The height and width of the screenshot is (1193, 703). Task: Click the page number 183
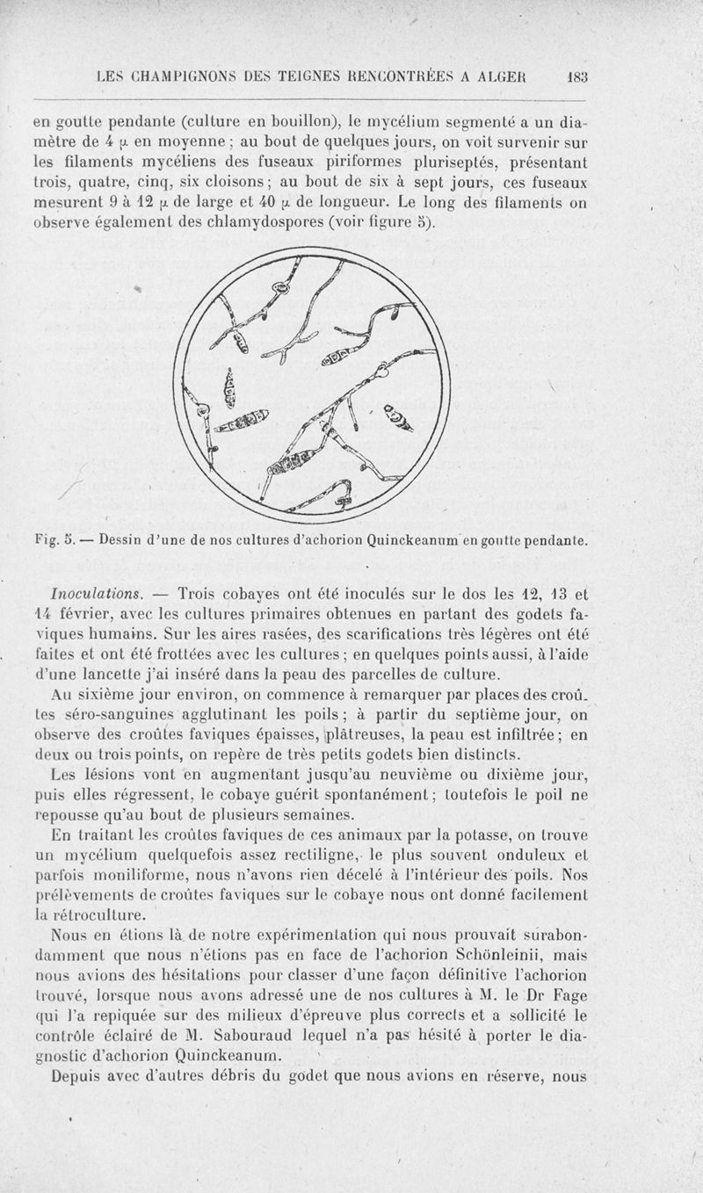pos(577,76)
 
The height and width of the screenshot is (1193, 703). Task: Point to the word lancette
pos(162,675)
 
